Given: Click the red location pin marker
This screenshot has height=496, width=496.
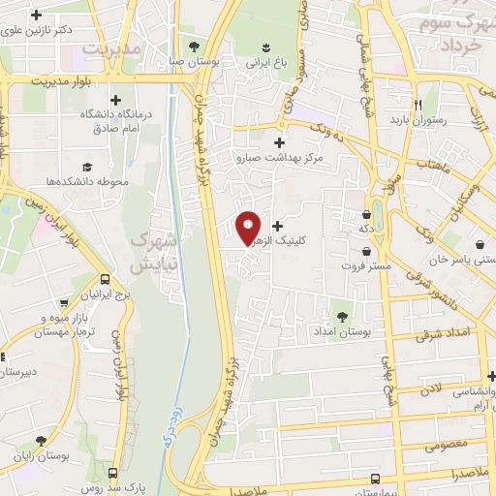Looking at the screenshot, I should (x=248, y=228).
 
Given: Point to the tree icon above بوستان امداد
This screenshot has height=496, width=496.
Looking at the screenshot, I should (x=341, y=315).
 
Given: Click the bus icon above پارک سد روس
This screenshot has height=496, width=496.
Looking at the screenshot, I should (x=113, y=473).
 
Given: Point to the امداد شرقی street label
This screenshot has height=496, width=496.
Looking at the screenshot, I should (x=442, y=335).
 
